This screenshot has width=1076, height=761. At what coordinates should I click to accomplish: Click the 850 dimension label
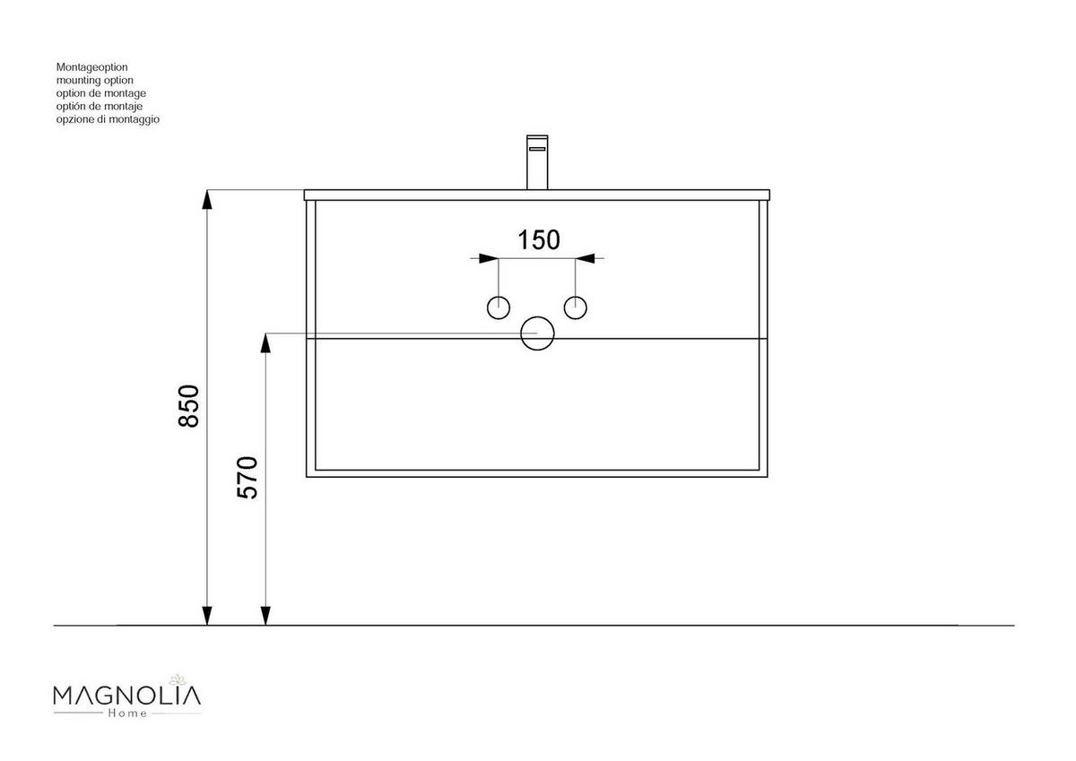pos(187,406)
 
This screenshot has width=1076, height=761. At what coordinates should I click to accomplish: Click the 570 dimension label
pos(247,478)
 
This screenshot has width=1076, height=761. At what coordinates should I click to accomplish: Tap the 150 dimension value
pos(539,240)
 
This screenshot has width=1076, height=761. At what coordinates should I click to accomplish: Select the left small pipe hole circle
pos(499,307)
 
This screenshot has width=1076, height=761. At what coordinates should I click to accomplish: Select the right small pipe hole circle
pos(576,307)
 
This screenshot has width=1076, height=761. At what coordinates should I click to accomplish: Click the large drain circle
pos(538,333)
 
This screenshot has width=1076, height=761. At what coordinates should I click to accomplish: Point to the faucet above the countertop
pos(537,162)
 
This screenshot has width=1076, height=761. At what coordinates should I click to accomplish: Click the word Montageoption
pos(92,67)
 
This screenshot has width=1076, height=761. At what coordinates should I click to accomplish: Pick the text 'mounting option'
pos(94,80)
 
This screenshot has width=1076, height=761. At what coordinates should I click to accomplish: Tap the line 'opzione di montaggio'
pos(108,119)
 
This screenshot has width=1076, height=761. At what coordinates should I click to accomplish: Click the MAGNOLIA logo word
pos(127,695)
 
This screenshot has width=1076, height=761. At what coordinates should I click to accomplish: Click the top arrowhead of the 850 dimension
pos(207,199)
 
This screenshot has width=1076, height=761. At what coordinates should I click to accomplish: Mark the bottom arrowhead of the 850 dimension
pos(207,616)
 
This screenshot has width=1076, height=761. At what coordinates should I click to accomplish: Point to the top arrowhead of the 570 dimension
pos(265,342)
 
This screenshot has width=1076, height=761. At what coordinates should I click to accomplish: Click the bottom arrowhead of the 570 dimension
pos(265,616)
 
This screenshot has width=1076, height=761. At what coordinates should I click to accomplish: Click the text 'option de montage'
pos(100,93)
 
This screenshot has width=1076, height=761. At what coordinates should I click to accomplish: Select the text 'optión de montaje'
pos(99,106)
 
